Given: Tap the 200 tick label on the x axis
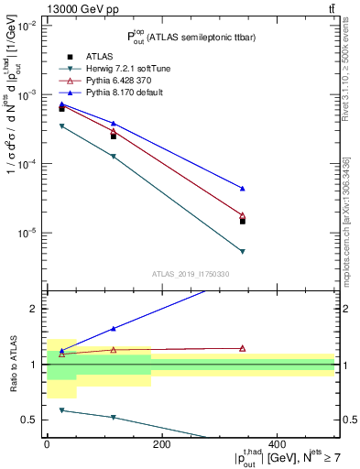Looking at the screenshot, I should tap(161, 444).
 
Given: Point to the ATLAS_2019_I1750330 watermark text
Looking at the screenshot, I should tap(190, 274).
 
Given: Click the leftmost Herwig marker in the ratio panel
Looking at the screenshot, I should tap(61, 410).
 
